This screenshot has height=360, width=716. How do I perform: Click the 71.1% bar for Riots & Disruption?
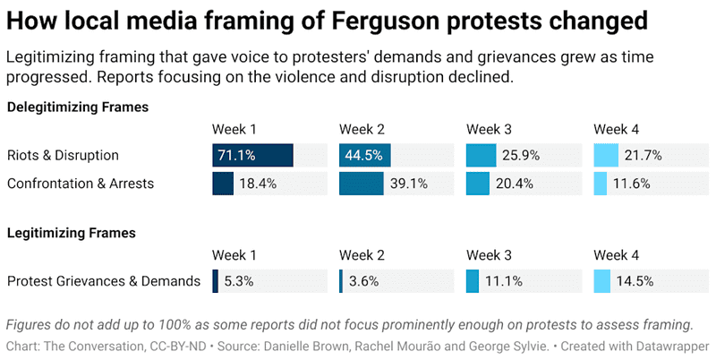click(252, 155)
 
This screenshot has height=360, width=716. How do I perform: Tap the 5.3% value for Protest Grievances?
click(239, 281)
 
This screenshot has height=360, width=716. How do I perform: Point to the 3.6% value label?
click(363, 281)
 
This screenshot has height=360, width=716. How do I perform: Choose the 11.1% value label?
click(503, 281)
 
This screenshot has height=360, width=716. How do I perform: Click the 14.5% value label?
click(635, 281)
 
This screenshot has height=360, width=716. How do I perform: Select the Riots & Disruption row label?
click(63, 155)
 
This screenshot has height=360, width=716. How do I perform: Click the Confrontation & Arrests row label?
click(81, 184)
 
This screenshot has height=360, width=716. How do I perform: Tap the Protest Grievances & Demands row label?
click(103, 281)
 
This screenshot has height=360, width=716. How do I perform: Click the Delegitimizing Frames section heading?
click(78, 107)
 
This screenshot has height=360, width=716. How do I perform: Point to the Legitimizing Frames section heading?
click(71, 233)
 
